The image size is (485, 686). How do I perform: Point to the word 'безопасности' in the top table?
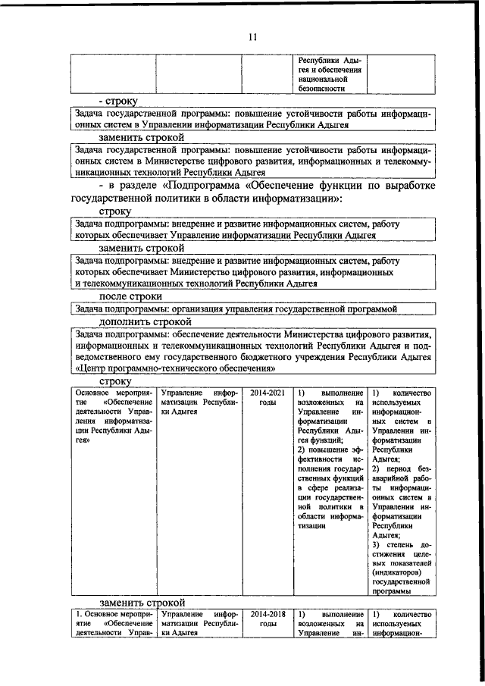coord(326,89)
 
